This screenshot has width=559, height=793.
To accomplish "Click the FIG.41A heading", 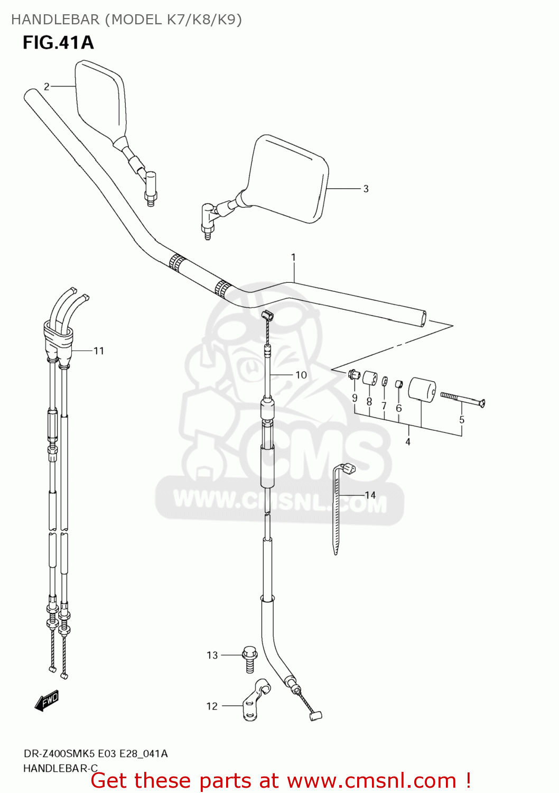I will pyautogui.click(x=58, y=42).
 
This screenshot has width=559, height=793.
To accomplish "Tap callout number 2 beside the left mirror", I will pyautogui.click(x=46, y=87).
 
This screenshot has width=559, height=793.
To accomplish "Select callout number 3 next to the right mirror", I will pyautogui.click(x=366, y=189).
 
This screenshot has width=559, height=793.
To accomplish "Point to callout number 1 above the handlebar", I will pyautogui.click(x=293, y=257).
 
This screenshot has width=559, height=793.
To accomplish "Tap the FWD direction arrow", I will pyautogui.click(x=46, y=700).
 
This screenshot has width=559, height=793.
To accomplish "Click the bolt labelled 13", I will pyautogui.click(x=249, y=658).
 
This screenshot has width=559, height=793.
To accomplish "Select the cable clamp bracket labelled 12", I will pyautogui.click(x=256, y=701).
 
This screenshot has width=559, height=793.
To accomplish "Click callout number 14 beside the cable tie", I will pyautogui.click(x=370, y=495).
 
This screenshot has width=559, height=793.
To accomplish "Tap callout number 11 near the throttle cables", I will pyautogui.click(x=99, y=351).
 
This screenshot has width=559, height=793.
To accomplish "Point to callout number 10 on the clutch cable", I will pyautogui.click(x=301, y=375).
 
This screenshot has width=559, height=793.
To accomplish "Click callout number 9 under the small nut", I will pyautogui.click(x=355, y=398).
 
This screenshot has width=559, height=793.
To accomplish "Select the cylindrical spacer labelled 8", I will pyautogui.click(x=369, y=379).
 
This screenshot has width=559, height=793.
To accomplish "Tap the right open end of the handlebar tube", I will pyautogui.click(x=422, y=319).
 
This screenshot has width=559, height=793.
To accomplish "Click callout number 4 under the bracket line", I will pyautogui.click(x=408, y=441).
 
